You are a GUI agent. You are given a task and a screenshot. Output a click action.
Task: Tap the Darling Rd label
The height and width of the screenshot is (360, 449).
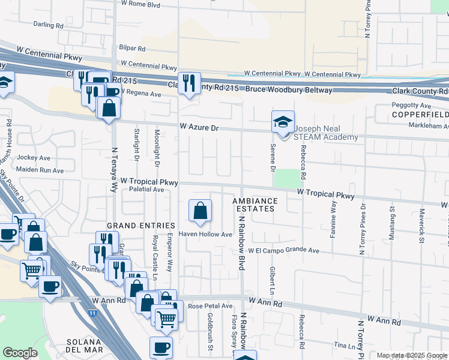point(49,26)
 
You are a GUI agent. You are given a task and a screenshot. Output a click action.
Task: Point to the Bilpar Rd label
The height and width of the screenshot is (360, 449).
point(133,48)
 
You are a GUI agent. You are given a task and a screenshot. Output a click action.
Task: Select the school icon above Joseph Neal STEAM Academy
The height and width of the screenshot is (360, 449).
point(283,122)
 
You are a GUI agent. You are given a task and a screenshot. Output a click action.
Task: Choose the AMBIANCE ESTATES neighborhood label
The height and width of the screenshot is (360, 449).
point(255,205)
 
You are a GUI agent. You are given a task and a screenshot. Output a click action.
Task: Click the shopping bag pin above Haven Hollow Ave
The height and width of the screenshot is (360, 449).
point(200,211)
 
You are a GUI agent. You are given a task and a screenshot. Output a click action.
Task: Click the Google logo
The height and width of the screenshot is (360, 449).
point(20,353)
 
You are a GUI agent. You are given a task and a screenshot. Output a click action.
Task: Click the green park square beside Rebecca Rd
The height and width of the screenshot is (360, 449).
point(290,178)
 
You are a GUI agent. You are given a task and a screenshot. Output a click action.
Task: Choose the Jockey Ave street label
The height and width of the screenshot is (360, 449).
point(33,158)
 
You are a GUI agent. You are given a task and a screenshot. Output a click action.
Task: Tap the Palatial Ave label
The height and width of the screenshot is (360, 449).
point(146,190)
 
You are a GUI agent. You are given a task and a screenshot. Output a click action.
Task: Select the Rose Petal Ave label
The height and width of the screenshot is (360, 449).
point(210,306)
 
